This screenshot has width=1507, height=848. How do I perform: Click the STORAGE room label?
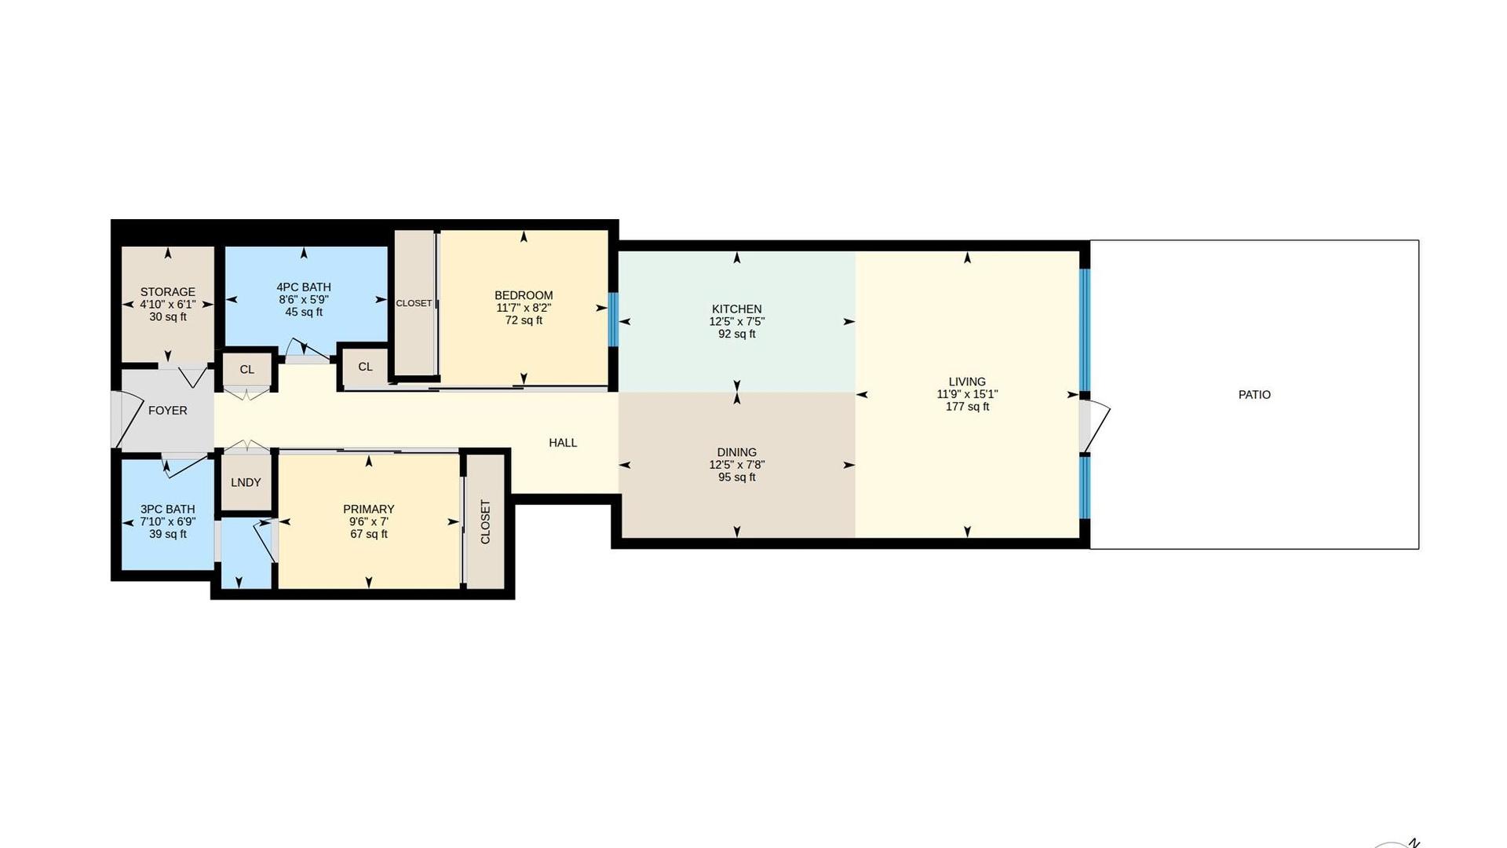tap(167, 292)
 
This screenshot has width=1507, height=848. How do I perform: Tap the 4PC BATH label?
tap(304, 287)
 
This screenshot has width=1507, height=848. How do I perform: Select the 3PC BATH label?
tap(167, 510)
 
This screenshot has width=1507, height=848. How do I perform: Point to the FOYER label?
tap(167, 411)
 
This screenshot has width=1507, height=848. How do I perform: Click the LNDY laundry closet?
tap(246, 482)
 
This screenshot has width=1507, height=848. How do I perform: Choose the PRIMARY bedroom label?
tap(369, 510)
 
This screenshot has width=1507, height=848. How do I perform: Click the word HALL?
tap(563, 443)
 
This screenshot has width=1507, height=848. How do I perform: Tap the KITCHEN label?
tap(736, 309)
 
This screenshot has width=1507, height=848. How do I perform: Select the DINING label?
tap(736, 452)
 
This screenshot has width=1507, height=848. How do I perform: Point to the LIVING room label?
tap(967, 382)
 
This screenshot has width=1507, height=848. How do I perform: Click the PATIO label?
tap(1254, 395)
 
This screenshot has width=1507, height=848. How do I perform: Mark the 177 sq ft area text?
tap(967, 407)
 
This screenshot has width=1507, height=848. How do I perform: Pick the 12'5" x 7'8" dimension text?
tap(736, 465)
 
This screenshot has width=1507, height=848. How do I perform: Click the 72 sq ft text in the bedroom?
tap(524, 320)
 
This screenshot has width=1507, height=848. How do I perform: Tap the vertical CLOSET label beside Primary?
tap(485, 522)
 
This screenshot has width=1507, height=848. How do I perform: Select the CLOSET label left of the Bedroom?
tap(414, 303)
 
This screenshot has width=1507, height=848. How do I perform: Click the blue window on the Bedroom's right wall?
tap(613, 320)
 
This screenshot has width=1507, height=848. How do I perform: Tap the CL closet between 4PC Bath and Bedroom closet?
tap(365, 367)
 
